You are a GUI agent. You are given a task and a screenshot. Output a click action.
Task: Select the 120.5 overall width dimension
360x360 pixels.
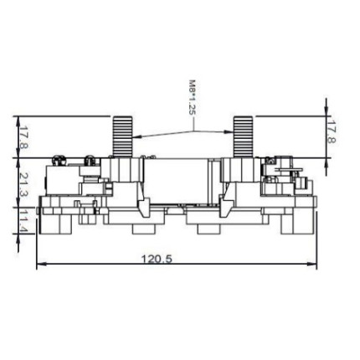coord(157,259)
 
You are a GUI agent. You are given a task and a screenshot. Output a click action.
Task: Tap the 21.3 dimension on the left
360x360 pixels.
coord(24,185)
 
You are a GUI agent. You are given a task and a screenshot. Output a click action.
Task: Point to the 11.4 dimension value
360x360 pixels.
coord(24,222)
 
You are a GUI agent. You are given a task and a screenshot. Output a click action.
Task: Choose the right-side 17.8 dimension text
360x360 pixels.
coord(332,131)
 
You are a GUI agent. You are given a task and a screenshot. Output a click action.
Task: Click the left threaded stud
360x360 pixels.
coord(122,136)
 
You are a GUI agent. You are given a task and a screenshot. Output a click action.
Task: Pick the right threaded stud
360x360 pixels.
coord(243,136)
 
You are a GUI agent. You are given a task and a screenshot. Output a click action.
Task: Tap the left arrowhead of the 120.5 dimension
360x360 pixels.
coord(41,264)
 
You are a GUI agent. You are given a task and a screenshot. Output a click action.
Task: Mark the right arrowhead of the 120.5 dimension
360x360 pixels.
coord(312,264)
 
